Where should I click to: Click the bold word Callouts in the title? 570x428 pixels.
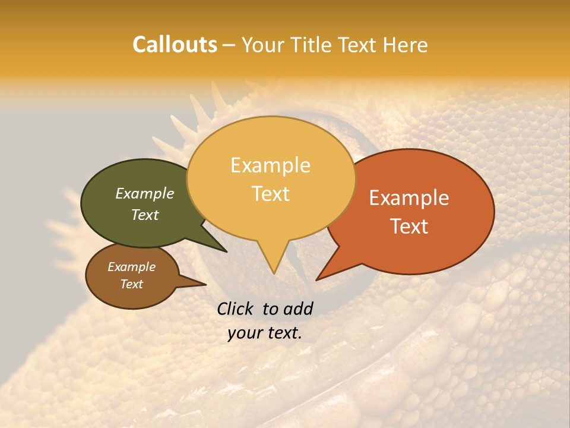[175, 45]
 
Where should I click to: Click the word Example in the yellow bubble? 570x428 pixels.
[270, 165]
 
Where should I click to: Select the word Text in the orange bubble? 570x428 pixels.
[410, 226]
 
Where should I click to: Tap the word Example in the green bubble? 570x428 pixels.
[144, 193]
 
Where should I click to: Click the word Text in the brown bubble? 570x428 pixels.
[131, 284]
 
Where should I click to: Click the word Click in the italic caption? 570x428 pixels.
[236, 309]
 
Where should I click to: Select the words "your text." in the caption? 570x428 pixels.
[265, 333]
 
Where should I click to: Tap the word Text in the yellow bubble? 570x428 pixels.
[271, 194]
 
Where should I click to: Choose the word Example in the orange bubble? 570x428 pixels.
[409, 198]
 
